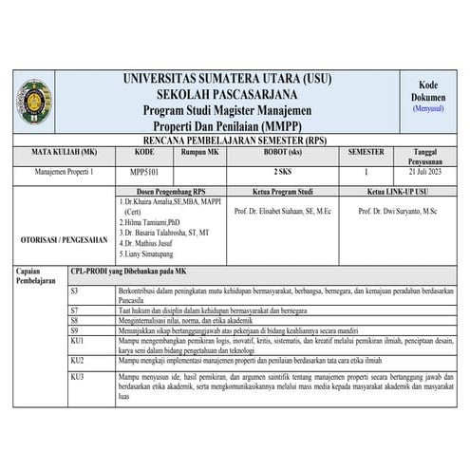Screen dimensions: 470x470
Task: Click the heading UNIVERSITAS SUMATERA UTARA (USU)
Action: click(x=234, y=79)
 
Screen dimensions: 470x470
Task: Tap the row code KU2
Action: click(x=78, y=361)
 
